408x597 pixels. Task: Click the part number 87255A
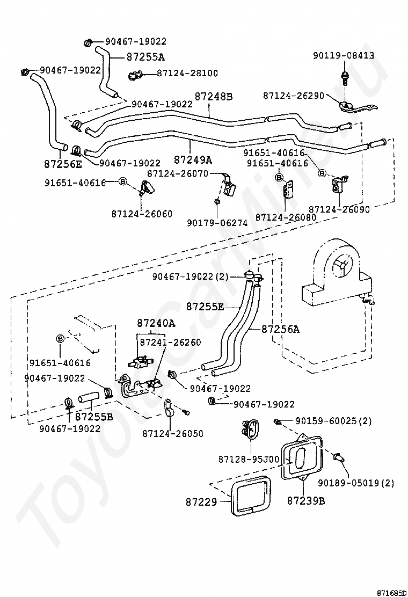pyautogui.click(x=145, y=56)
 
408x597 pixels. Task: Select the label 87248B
pyautogui.click(x=213, y=97)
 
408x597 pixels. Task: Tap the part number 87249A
pyautogui.click(x=193, y=159)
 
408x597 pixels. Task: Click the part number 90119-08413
pyautogui.click(x=344, y=55)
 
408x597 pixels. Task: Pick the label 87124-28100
pyautogui.click(x=187, y=73)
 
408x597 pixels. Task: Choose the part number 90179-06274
pyautogui.click(x=217, y=223)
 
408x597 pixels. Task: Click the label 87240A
pyautogui.click(x=156, y=323)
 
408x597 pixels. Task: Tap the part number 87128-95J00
pyautogui.click(x=249, y=460)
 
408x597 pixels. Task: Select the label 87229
pyautogui.click(x=202, y=503)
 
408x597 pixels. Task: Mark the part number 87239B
pyautogui.click(x=305, y=500)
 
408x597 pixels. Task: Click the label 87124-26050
pyautogui.click(x=173, y=433)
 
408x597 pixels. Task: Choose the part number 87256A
pyautogui.click(x=280, y=330)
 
